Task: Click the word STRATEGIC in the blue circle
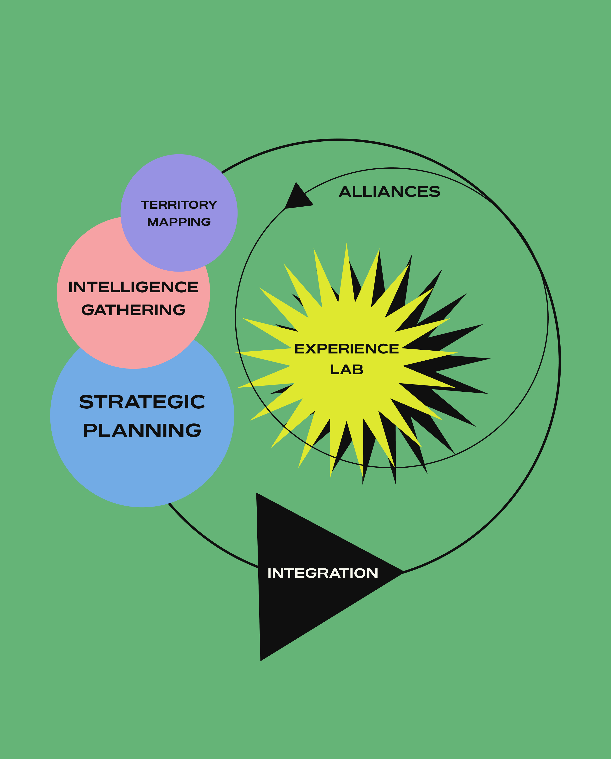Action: coord(142,402)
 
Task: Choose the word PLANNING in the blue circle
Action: coord(142,431)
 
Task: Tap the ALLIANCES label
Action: coord(389,192)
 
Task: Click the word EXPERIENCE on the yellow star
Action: coord(346,349)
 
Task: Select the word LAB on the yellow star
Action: coord(346,370)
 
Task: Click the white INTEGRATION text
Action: coord(323,573)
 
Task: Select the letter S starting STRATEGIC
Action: coord(86,402)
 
